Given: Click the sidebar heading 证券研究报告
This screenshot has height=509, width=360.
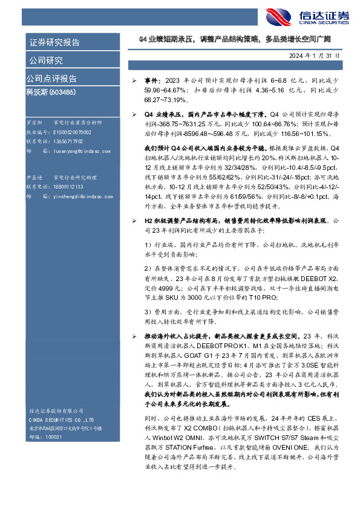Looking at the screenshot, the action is tap(54, 42).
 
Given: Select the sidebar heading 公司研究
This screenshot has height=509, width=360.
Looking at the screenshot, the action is tap(45, 60).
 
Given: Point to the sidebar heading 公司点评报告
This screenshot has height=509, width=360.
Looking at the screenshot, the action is tap(51, 79).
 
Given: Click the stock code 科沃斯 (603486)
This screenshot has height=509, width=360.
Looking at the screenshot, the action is tap(51, 92).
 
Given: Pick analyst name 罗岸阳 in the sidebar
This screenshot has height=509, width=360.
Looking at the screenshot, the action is tap(35, 122).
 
